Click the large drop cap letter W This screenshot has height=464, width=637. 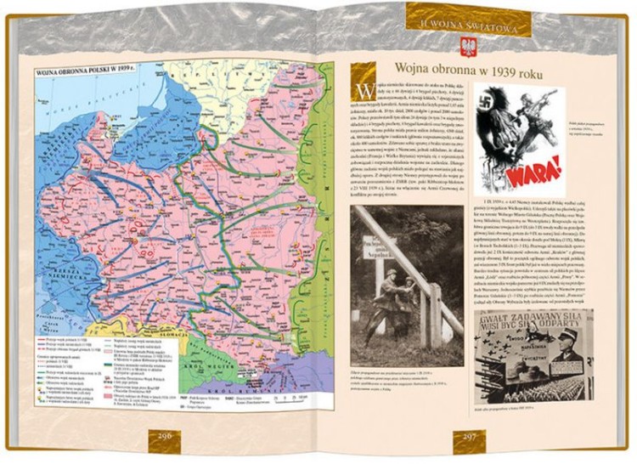363,91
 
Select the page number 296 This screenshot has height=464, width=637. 166,435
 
